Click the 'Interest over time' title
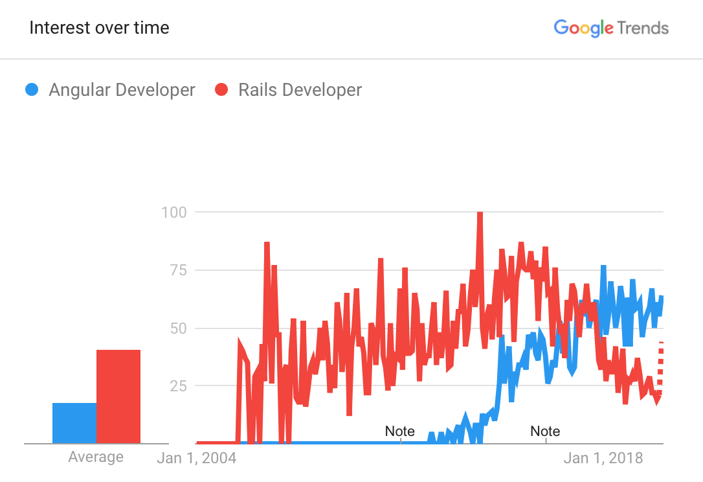coord(99,28)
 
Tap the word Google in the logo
coord(583,28)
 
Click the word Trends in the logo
coord(643,28)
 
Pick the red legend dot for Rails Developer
coord(221,89)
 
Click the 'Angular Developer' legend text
coord(122,89)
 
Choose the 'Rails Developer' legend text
coord(300,89)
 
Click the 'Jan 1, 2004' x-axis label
coord(197,458)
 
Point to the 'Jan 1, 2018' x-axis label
coord(603,458)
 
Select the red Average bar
coord(118,396)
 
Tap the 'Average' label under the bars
coord(96,457)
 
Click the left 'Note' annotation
coord(399,431)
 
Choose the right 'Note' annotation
coord(545,431)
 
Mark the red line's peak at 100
coord(480,213)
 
